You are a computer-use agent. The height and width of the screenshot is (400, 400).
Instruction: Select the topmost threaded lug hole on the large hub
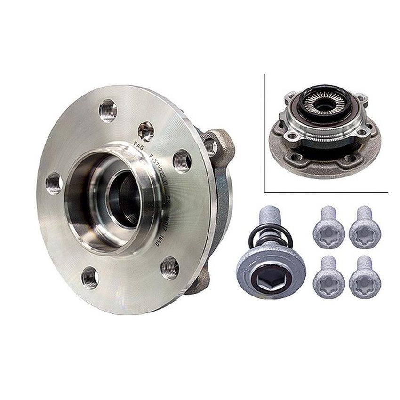(108, 110)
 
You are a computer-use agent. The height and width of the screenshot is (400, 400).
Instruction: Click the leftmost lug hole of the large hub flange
(54, 183)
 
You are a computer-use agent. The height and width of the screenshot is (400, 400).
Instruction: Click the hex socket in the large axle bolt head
(271, 280)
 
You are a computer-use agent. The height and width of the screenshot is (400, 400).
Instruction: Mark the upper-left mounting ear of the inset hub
(289, 96)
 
